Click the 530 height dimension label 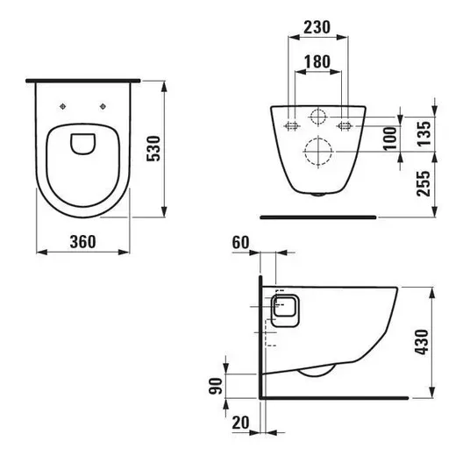[x=153, y=149]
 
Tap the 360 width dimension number [x=83, y=242]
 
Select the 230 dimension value [x=317, y=27]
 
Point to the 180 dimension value [x=317, y=61]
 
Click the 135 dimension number [x=424, y=133]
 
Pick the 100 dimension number [x=390, y=139]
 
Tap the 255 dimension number [x=424, y=183]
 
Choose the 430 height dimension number [x=422, y=342]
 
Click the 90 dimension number [x=216, y=386]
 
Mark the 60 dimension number [x=240, y=243]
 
